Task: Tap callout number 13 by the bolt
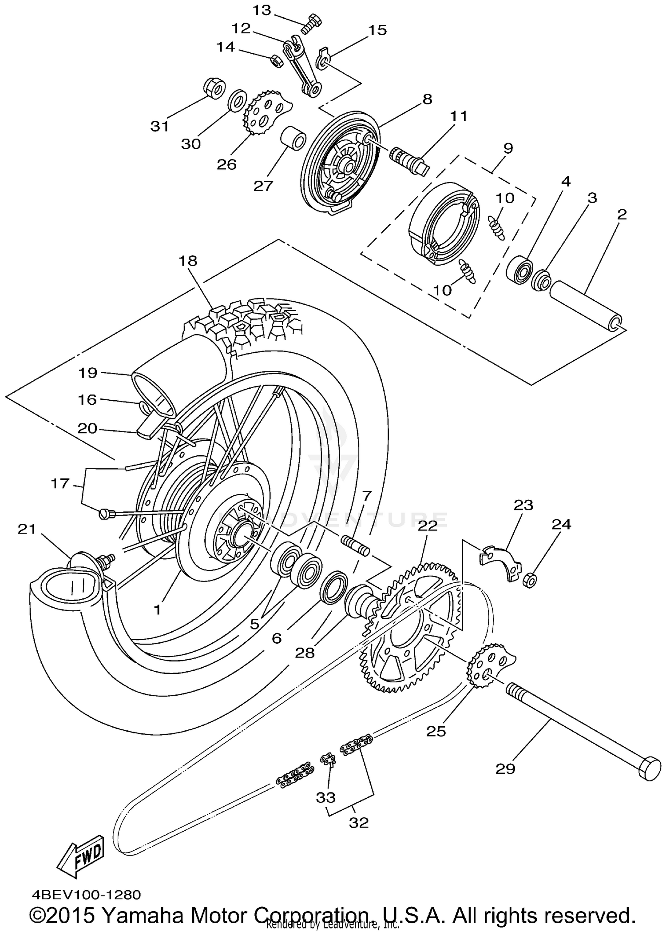point(262,10)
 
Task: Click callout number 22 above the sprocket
point(427,526)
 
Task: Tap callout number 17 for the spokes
point(60,483)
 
